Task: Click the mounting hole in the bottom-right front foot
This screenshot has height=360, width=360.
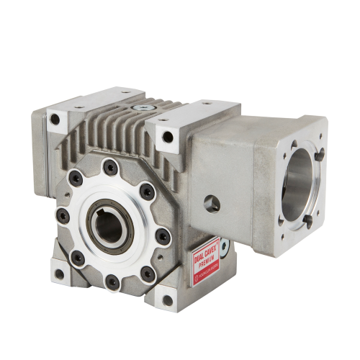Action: pyautogui.click(x=168, y=300)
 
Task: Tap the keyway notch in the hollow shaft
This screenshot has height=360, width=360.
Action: pyautogui.click(x=101, y=218)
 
